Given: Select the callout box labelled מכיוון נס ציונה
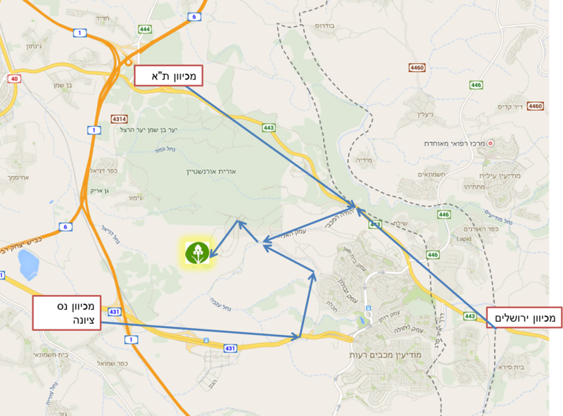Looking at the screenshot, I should pos(69,313).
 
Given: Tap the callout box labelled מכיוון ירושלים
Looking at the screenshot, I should pos(524,319).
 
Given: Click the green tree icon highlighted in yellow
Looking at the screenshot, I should pos(197,253).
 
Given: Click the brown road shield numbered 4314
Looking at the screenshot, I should pos(119,119).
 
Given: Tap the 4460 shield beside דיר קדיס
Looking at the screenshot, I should pos(536,106).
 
